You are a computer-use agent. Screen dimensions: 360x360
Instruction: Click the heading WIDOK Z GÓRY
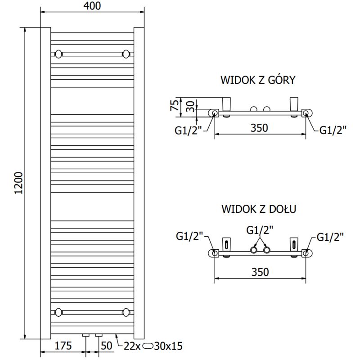[x=257, y=81]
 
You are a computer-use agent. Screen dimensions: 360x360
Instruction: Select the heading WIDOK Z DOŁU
[x=258, y=209]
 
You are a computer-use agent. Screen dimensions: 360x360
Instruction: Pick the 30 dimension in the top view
[x=191, y=106]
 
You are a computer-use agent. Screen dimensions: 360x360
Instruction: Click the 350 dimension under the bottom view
[x=260, y=272]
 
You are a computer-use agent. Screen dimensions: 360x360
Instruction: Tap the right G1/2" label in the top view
[x=333, y=130]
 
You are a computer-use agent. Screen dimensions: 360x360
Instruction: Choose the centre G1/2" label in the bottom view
[x=260, y=230]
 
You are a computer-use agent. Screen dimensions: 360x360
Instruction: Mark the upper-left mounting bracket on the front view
[x=58, y=54]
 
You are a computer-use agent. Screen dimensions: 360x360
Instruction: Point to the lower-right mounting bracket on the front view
[x=126, y=311]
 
